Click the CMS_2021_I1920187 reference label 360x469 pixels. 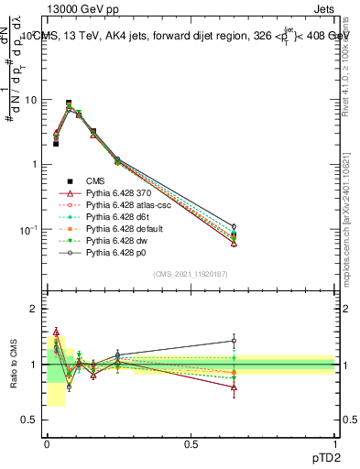190,274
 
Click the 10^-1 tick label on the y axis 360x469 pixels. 29,229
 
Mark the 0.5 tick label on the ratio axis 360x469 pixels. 29,420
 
